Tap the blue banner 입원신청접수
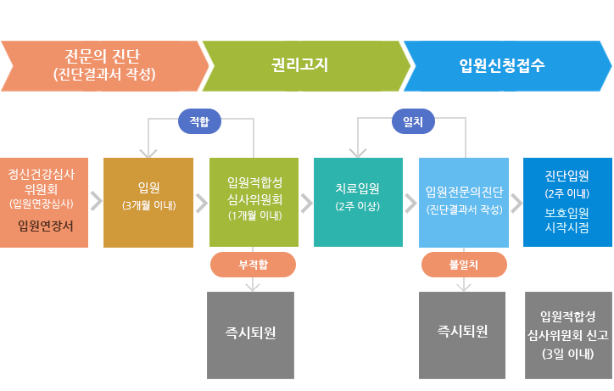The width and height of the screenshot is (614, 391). pyautogui.click(x=505, y=64)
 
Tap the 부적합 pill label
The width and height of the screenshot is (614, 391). pyautogui.click(x=253, y=265)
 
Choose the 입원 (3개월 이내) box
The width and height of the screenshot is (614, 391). pyautogui.click(x=148, y=202)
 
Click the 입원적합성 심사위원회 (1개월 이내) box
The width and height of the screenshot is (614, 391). pyautogui.click(x=254, y=202)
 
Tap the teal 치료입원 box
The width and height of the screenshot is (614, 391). pyautogui.click(x=358, y=202)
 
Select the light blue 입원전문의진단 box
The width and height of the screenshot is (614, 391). pyautogui.click(x=464, y=202)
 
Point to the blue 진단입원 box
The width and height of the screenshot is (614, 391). pyautogui.click(x=567, y=202)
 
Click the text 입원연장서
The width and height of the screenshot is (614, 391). pyautogui.click(x=45, y=226)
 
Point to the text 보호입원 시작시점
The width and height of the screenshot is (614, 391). pyautogui.click(x=567, y=221)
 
